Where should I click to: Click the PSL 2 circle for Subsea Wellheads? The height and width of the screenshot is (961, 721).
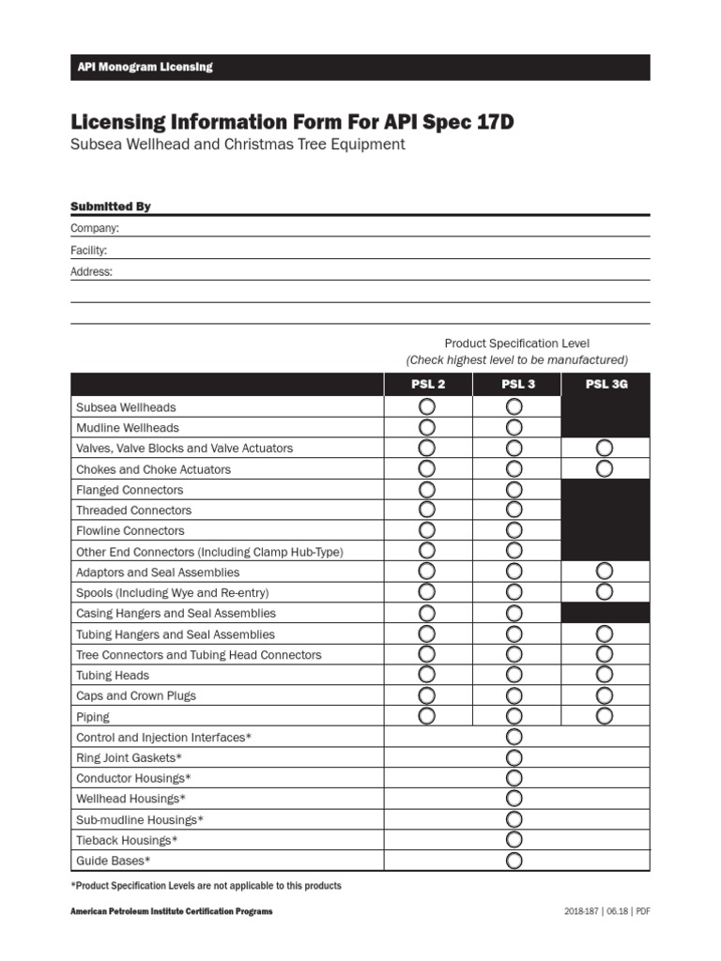pyautogui.click(x=426, y=407)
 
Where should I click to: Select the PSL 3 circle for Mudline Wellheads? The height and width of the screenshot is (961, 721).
pyautogui.click(x=514, y=428)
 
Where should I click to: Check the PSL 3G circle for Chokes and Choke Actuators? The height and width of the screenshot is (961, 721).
pyautogui.click(x=605, y=468)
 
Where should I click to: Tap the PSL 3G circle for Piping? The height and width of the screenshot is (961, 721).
pyautogui.click(x=605, y=716)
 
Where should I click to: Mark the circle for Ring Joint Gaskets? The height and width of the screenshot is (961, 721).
pyautogui.click(x=514, y=757)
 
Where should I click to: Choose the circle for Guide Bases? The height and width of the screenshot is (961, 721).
pyautogui.click(x=514, y=861)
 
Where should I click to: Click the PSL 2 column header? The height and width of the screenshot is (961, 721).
pyautogui.click(x=427, y=384)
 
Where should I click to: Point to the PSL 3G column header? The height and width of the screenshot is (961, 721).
pyautogui.click(x=605, y=384)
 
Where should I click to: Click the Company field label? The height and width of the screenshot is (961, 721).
pyautogui.click(x=95, y=228)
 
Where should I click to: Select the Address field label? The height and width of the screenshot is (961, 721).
pyautogui.click(x=92, y=271)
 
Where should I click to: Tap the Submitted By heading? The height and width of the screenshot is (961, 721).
pyautogui.click(x=111, y=206)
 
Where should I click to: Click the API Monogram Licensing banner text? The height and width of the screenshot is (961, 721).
pyautogui.click(x=145, y=67)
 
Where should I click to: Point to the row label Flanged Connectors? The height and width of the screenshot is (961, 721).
pyautogui.click(x=130, y=490)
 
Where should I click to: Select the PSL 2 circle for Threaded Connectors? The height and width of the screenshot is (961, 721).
pyautogui.click(x=426, y=510)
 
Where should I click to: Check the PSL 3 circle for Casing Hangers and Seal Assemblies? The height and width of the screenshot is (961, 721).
pyautogui.click(x=514, y=613)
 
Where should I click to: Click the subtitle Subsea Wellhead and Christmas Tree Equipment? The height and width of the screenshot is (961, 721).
pyautogui.click(x=238, y=145)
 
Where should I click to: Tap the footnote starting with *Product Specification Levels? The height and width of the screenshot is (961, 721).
pyautogui.click(x=206, y=886)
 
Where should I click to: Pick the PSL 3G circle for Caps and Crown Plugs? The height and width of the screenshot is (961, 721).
pyautogui.click(x=605, y=695)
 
